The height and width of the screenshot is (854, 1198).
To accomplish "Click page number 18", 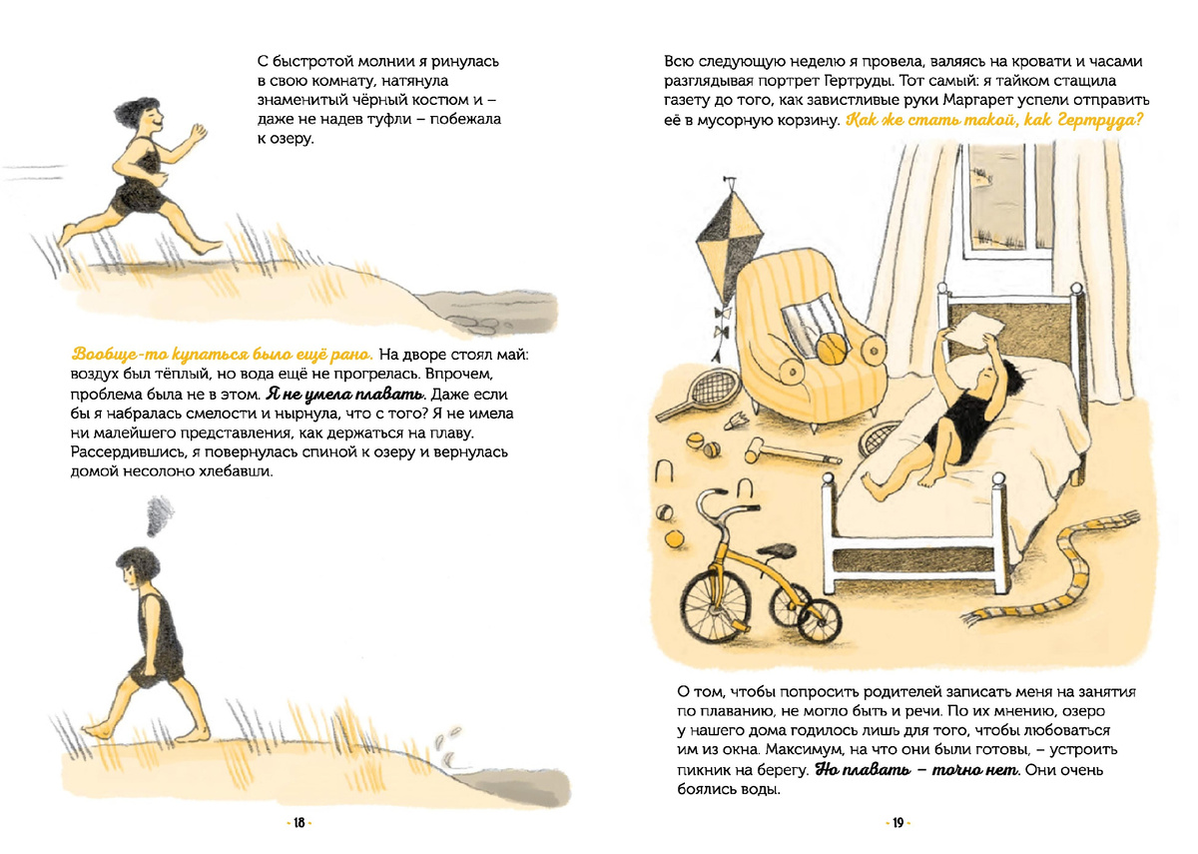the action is (x=299, y=823).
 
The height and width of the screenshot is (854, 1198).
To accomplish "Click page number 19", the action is (x=898, y=823).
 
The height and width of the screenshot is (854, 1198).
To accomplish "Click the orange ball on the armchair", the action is (x=833, y=350).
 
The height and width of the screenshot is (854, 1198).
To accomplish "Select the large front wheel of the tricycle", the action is (x=718, y=606).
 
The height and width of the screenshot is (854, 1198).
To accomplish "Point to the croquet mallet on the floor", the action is (x=787, y=452).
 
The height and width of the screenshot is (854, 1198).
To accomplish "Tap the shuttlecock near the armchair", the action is (x=736, y=421).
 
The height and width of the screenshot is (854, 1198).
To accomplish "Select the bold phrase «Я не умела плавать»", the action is (x=345, y=395).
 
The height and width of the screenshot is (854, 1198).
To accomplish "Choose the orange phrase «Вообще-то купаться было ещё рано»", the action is (x=222, y=355).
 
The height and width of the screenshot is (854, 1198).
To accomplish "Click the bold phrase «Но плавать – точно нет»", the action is (x=916, y=770).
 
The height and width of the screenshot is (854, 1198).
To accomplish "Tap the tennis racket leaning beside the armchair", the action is (x=699, y=395).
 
